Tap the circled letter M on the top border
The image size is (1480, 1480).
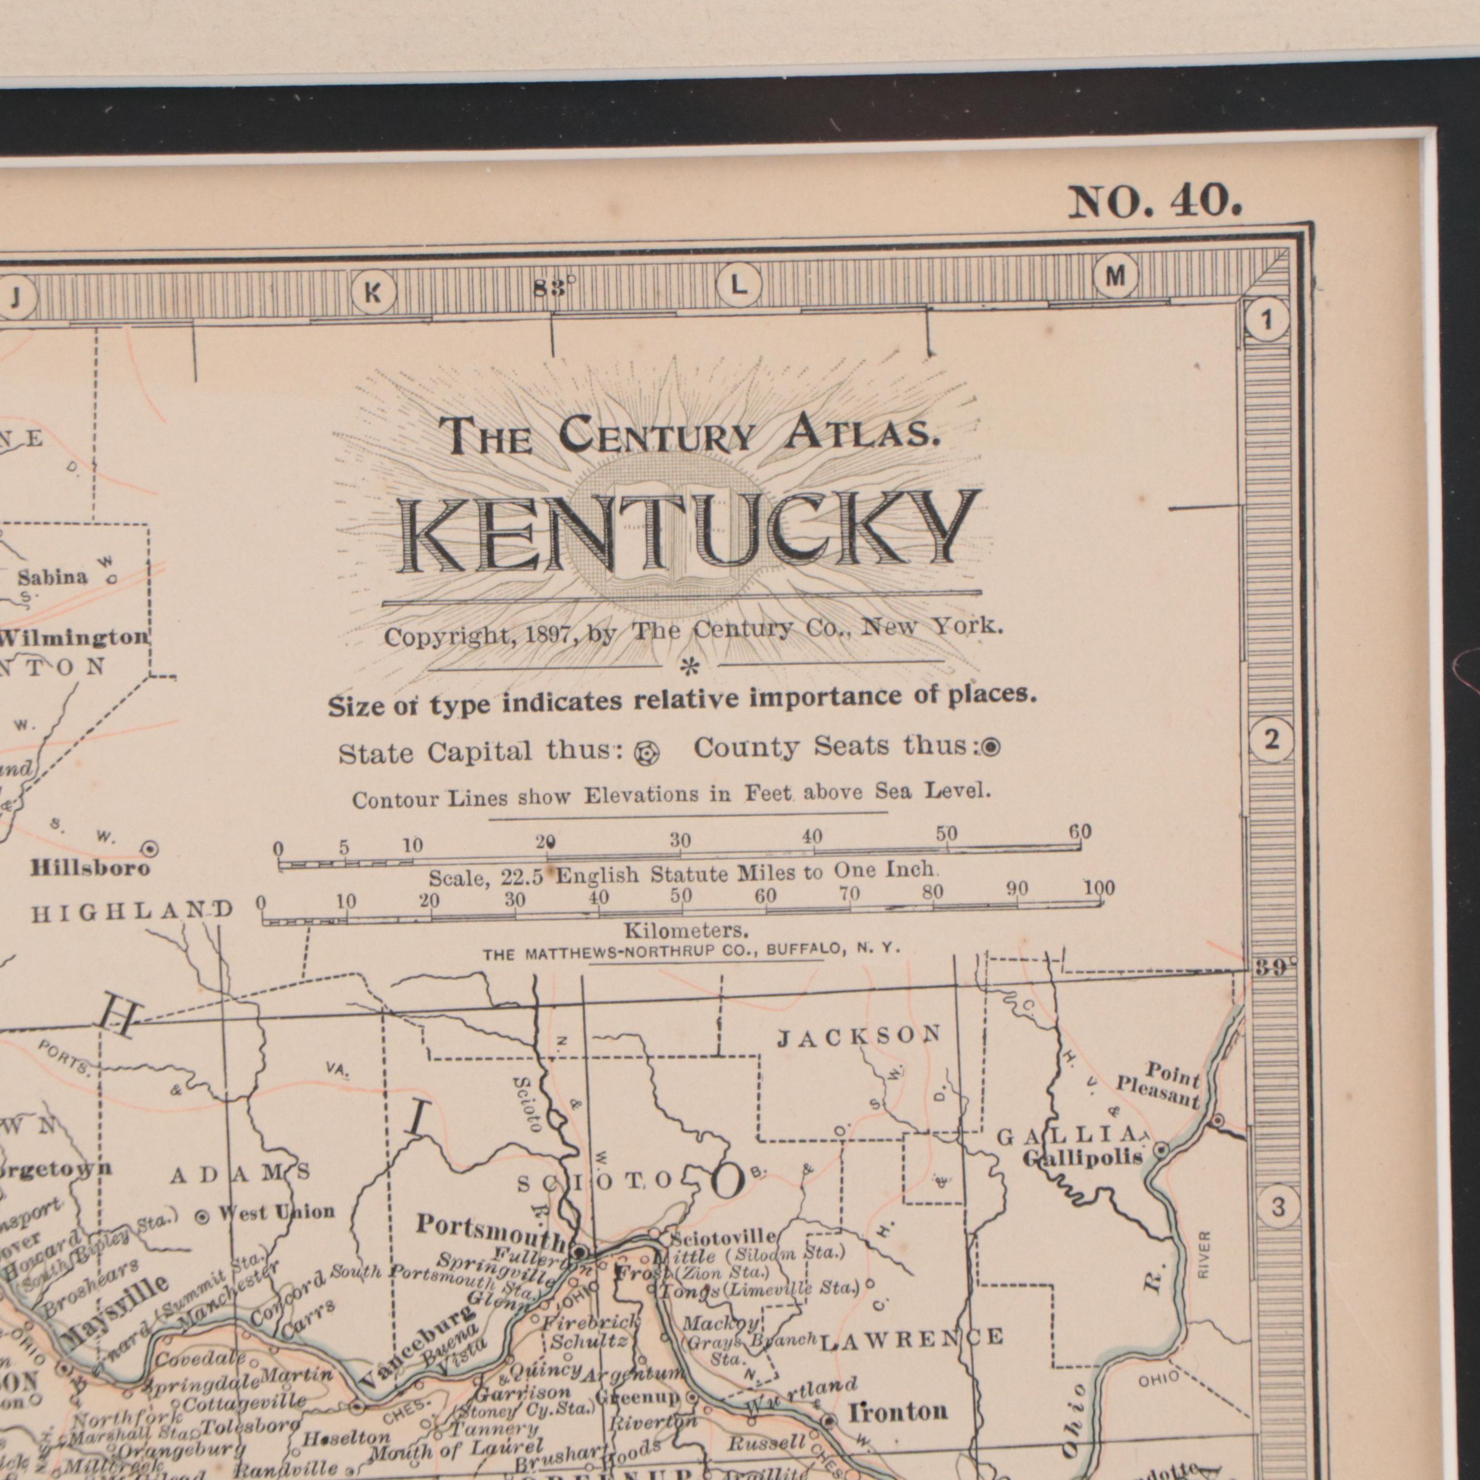coord(1116,276)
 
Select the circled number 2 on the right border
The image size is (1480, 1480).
coord(1272,741)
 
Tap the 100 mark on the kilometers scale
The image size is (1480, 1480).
coord(1099,889)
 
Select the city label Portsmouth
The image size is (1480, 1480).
coord(490,1227)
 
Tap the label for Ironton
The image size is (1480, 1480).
coord(897,1411)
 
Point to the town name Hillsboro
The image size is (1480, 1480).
coord(90,869)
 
